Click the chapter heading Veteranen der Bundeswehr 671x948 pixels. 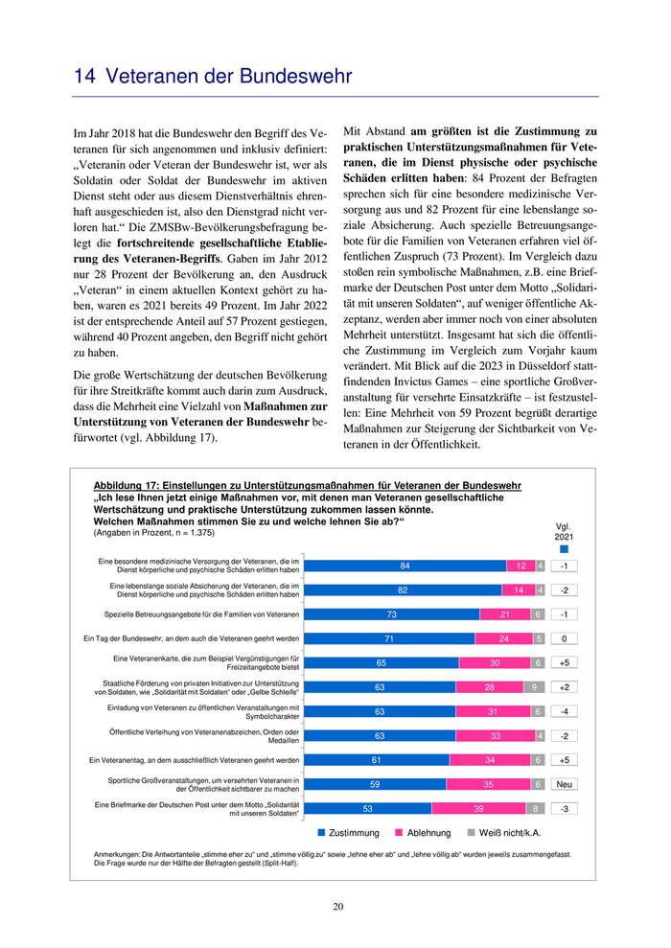pyautogui.click(x=212, y=76)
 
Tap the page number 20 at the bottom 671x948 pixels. pyautogui.click(x=338, y=907)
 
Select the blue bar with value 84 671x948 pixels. pyautogui.click(x=405, y=566)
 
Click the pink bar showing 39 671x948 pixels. pyautogui.click(x=478, y=808)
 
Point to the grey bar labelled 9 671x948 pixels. pyautogui.click(x=532, y=686)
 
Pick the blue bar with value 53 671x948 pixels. pyautogui.click(x=368, y=808)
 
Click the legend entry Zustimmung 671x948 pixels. pyautogui.click(x=348, y=833)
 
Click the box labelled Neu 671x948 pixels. pyautogui.click(x=565, y=784)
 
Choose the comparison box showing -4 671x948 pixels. pyautogui.click(x=565, y=711)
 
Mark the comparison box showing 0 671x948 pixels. pyautogui.click(x=565, y=638)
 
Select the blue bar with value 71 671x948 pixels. pyautogui.click(x=390, y=638)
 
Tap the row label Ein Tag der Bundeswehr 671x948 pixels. pyautogui.click(x=193, y=638)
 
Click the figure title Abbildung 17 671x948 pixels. pyautogui.click(x=307, y=486)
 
